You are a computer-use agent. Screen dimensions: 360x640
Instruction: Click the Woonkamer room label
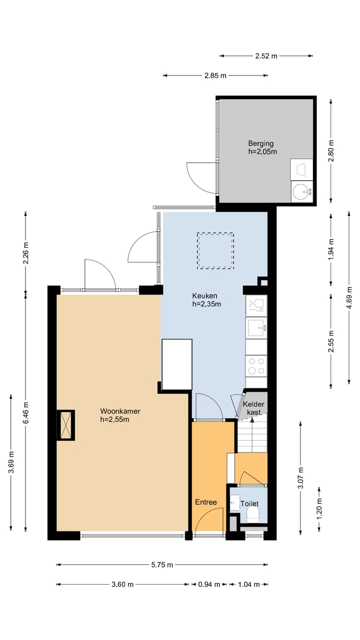(120, 415)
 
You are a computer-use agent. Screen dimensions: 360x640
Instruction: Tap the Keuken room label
(206, 299)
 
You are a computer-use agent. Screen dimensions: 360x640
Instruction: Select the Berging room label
(262, 147)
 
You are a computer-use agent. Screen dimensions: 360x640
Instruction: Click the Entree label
(205, 502)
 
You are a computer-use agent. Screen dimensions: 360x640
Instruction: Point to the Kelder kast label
(253, 408)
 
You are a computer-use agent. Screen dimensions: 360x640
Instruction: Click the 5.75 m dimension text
(162, 564)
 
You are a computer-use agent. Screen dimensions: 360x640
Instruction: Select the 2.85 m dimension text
(215, 75)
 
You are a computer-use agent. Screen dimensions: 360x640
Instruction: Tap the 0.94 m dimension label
(209, 584)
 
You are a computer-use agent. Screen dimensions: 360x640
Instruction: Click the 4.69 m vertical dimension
(349, 297)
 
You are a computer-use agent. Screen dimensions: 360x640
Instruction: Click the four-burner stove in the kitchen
(256, 366)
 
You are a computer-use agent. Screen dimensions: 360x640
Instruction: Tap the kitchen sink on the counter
(256, 327)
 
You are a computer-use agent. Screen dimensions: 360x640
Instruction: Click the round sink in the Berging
(301, 191)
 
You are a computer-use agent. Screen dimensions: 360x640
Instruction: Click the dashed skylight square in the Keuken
(215, 251)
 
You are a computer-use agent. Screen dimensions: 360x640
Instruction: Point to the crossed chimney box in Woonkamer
(66, 425)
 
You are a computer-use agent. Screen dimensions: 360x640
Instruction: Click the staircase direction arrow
(252, 435)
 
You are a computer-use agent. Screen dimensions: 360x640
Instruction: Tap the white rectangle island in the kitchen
(177, 364)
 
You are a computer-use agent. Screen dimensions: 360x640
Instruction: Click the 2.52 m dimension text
(266, 56)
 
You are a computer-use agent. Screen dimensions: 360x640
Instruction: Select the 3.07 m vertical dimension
(300, 477)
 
